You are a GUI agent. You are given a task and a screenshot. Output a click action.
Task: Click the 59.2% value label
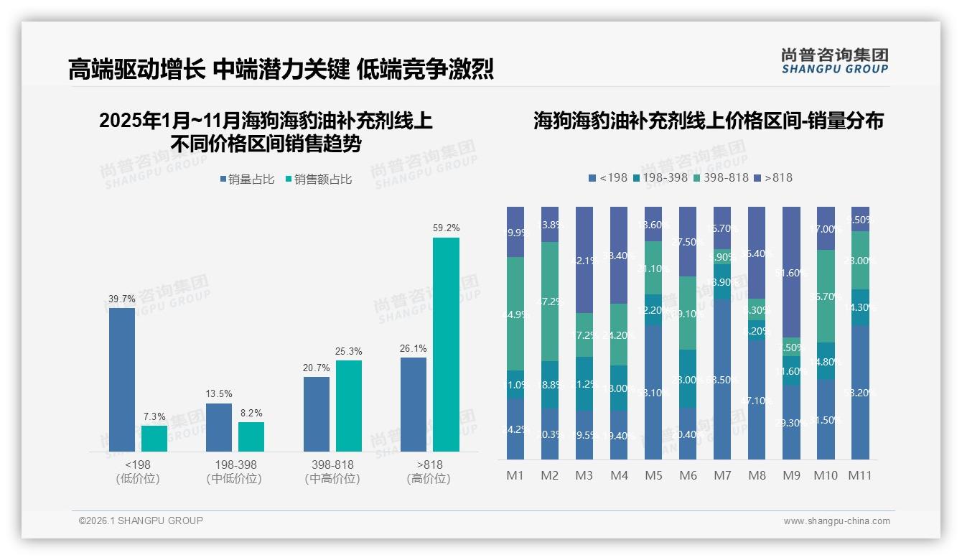point(446,228)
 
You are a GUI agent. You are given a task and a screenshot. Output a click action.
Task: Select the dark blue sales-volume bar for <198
point(122,379)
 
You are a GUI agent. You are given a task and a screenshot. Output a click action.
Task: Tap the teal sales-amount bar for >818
point(446,344)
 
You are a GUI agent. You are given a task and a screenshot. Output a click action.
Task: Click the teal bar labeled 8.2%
point(251,437)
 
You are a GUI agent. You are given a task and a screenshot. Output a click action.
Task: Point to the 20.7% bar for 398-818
point(317,414)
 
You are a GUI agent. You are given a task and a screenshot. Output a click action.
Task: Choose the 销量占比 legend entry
point(247,179)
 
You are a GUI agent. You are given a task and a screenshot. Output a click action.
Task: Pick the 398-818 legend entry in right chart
point(721,177)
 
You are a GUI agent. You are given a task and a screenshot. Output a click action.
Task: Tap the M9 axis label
point(791,475)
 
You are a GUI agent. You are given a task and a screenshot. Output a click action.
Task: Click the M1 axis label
point(515,475)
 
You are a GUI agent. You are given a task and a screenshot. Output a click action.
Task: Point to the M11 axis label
point(860,475)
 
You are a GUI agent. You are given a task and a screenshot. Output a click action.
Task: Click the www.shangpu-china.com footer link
point(836,521)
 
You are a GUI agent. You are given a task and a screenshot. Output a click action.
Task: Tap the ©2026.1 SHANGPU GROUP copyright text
point(141,521)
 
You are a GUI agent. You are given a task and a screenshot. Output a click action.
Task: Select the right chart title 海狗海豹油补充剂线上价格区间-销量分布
point(708,121)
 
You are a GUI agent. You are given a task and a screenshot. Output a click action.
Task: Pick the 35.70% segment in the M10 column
point(826,296)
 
